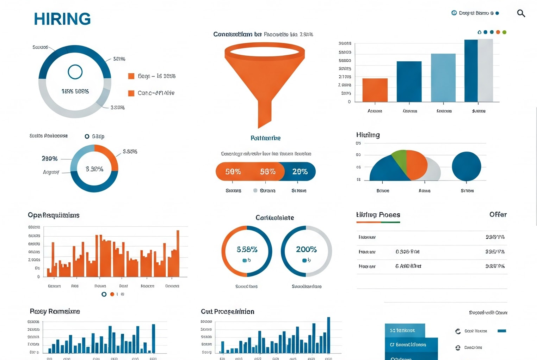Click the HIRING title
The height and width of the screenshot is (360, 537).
pos(62,19)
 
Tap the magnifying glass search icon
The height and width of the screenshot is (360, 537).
pos(521,13)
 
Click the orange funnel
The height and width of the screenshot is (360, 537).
pos(265,78)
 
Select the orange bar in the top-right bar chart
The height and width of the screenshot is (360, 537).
pos(375,90)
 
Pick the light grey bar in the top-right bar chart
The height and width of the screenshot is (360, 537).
pos(485,71)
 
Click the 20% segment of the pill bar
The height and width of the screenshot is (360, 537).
pos(300,172)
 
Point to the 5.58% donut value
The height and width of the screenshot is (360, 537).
pos(247,250)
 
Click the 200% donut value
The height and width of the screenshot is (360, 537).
pos(306,250)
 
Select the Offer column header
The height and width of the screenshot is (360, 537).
pos(498,214)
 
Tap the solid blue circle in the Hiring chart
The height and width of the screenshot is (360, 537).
pos(466,166)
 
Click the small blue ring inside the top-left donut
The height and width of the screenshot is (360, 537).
pos(75,72)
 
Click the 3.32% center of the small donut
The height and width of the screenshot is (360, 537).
pos(94,169)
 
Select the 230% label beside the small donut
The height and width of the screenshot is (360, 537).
pos(50,159)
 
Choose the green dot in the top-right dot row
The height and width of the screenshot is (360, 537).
pos(504,32)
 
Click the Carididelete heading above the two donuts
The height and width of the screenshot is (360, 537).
pos(274,218)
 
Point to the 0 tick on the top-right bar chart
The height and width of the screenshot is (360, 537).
pos(349,102)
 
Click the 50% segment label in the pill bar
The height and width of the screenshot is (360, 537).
pos(233,172)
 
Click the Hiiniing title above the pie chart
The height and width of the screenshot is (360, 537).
pos(368,135)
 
